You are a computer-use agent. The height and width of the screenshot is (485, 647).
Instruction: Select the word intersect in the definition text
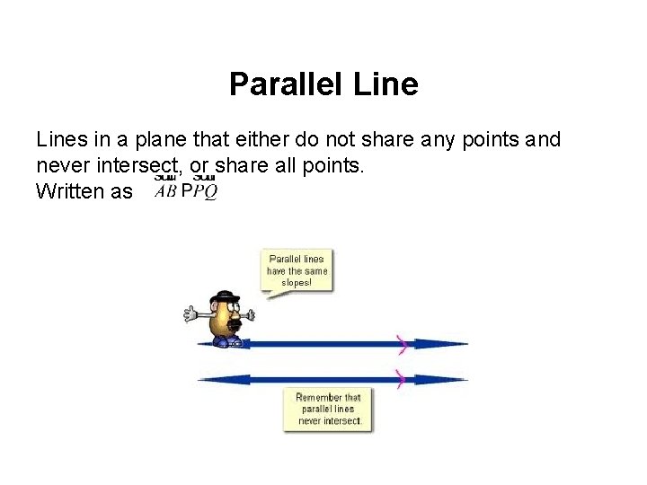pyautogui.click(x=138, y=166)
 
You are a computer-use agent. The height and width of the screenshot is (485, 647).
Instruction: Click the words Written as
pyautogui.click(x=84, y=191)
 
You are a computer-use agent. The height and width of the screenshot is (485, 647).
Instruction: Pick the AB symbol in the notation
pyautogui.click(x=164, y=193)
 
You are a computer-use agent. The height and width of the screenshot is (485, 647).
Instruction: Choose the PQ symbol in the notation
pyautogui.click(x=205, y=193)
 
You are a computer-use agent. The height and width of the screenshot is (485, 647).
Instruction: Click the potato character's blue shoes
pyautogui.click(x=228, y=341)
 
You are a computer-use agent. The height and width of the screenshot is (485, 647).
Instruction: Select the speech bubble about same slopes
pyautogui.click(x=297, y=270)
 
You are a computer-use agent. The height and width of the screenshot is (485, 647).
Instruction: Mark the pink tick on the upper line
pyautogui.click(x=403, y=343)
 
